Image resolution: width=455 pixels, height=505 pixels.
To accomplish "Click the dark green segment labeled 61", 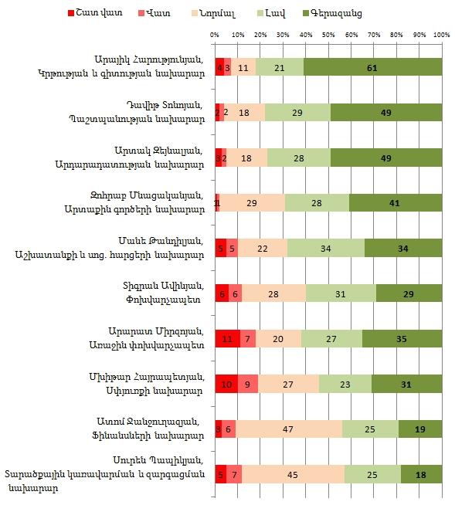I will pos(372,67).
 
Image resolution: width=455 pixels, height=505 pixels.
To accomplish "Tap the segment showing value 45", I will pos(293,473).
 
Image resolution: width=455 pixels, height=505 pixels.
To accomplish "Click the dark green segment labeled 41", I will pos(396,202).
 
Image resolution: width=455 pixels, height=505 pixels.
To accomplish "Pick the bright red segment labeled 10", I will pos(226,383).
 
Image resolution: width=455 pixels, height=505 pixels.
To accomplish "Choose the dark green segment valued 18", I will pos(421,473).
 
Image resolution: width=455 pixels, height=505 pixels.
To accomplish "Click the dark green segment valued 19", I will pos(420,429).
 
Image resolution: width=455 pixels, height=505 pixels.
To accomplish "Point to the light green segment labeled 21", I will pos(280,67).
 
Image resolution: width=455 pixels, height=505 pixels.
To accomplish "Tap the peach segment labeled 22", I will pos(263,248).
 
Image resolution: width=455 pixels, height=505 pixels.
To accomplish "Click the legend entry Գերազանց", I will pos(336,13).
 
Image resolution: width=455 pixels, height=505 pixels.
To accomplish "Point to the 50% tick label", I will pos(329,35).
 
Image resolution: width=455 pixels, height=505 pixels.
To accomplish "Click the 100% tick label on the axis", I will pos(442,35).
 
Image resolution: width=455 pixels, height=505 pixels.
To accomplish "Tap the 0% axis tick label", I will pos(216,35).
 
